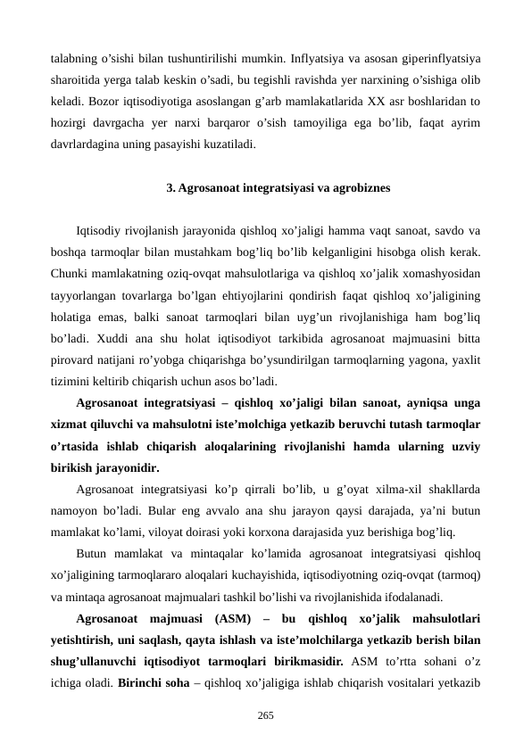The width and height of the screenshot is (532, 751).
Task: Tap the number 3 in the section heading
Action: (170, 188)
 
